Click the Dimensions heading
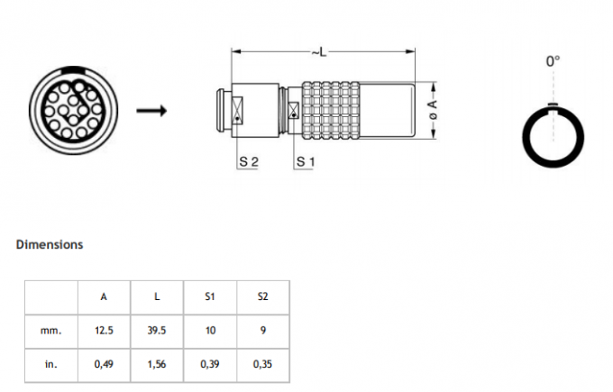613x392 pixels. pos(50,244)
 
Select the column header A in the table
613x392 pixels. pos(104,296)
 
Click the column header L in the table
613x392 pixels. pos(157,296)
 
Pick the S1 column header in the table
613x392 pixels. pos(210,296)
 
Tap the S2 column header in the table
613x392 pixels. pos(262,296)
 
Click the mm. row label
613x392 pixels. pos(51,331)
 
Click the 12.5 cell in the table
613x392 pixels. pos(104,331)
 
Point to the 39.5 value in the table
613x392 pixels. pos(157,331)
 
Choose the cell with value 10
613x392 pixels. pos(210,331)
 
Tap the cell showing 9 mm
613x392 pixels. pos(262,331)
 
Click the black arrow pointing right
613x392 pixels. pos(151,111)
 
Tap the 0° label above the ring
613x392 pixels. pos(553,61)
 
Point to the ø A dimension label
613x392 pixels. pos(433,111)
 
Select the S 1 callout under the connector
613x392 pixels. pos(306,162)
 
